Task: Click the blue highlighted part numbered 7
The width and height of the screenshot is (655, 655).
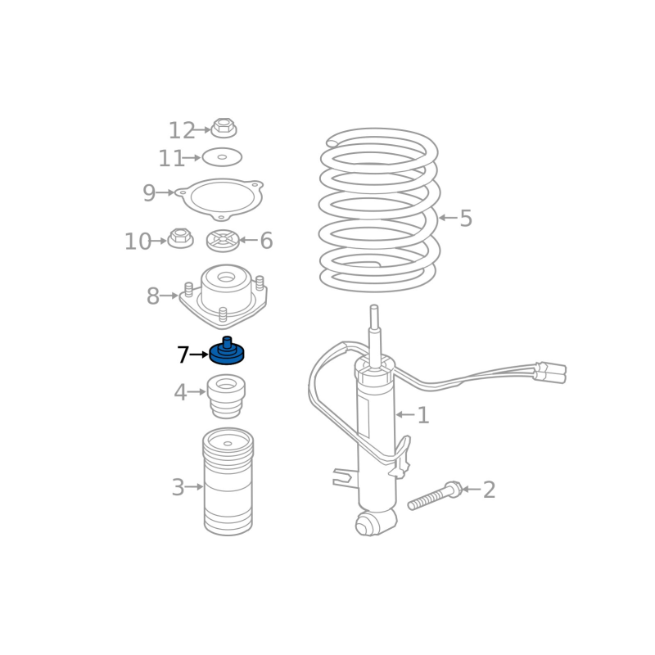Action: (x=227, y=352)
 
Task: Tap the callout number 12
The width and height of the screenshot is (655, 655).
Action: (x=181, y=131)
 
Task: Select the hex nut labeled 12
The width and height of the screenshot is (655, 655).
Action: (x=224, y=128)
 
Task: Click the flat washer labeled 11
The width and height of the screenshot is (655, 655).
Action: (x=222, y=157)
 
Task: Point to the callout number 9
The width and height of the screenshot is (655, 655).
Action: (x=149, y=193)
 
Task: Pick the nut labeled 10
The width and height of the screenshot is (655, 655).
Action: (x=180, y=238)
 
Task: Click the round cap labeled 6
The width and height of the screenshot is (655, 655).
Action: (x=223, y=241)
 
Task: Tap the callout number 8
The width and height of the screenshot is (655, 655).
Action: (x=153, y=296)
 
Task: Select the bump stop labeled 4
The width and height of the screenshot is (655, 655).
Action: (x=226, y=396)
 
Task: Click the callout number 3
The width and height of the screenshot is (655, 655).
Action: (x=178, y=487)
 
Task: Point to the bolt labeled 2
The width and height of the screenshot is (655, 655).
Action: (x=435, y=495)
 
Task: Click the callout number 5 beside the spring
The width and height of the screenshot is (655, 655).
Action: (x=466, y=219)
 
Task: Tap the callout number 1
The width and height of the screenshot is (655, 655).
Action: (x=423, y=415)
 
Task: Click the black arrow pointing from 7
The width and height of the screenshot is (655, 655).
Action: (x=199, y=355)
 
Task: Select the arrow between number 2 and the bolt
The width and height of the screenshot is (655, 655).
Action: (x=472, y=489)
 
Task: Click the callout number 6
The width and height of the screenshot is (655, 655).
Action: (x=266, y=241)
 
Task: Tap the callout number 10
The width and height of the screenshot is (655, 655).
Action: (x=138, y=242)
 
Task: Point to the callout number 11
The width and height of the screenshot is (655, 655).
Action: (x=171, y=159)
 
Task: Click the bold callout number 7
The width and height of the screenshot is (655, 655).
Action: (x=183, y=355)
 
